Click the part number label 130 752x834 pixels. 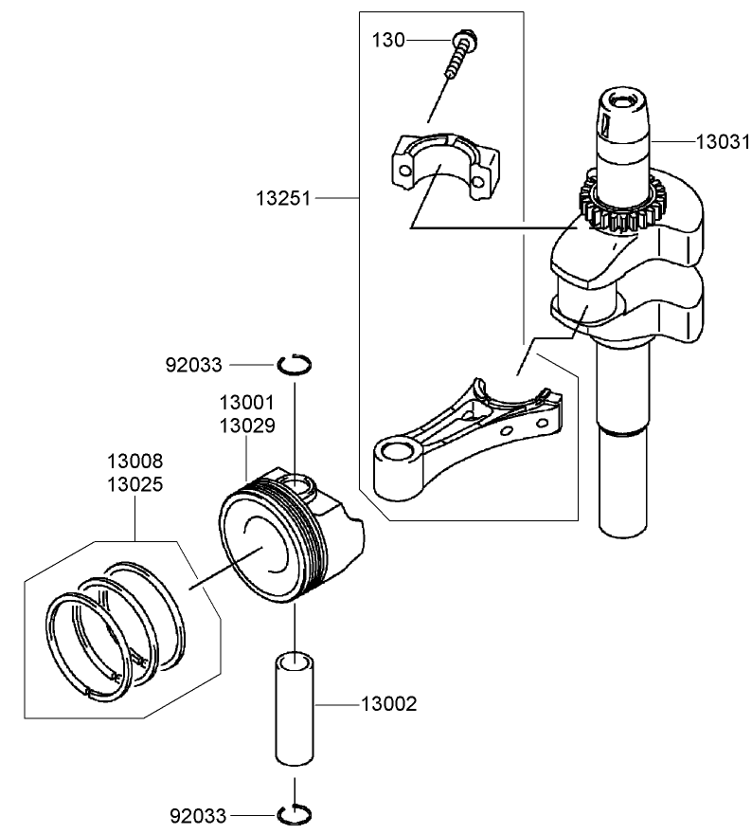tap(387, 40)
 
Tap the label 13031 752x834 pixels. tap(723, 141)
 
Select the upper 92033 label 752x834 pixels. tap(193, 364)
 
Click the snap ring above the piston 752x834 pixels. tap(295, 364)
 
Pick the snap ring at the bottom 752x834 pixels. tap(295, 813)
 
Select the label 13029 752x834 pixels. tap(246, 426)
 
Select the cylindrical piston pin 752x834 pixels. tap(295, 706)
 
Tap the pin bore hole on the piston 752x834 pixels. tap(298, 486)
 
